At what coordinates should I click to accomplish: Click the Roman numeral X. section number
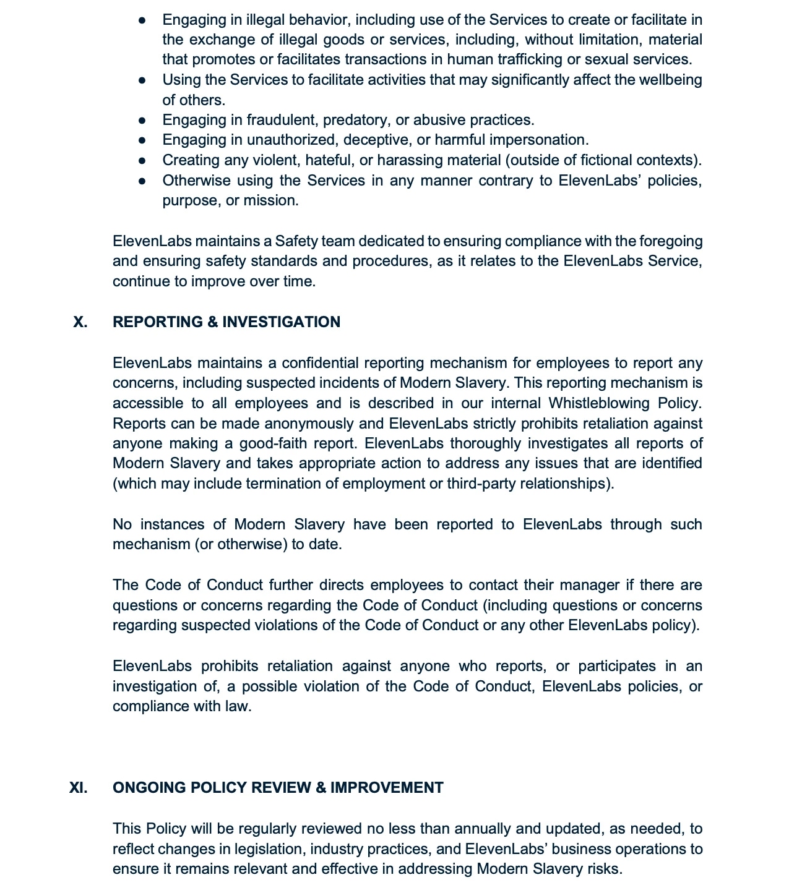pyautogui.click(x=80, y=322)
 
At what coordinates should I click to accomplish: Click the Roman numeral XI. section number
pyautogui.click(x=78, y=788)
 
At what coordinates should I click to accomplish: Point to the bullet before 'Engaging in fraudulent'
pyautogui.click(x=142, y=121)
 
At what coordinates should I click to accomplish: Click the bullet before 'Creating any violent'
pyautogui.click(x=142, y=161)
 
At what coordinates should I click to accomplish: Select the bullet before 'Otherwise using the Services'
pyautogui.click(x=142, y=181)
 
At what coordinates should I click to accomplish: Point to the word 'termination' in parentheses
pyautogui.click(x=284, y=484)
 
